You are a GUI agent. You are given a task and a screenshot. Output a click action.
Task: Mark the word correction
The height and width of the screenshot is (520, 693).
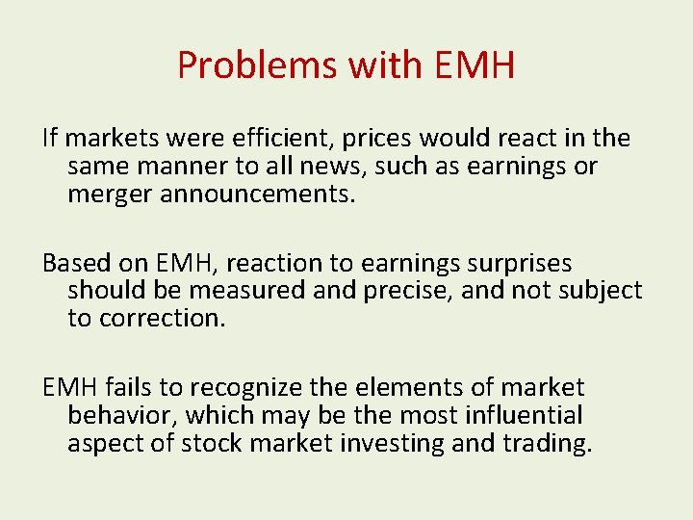pyautogui.click(x=163, y=319)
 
